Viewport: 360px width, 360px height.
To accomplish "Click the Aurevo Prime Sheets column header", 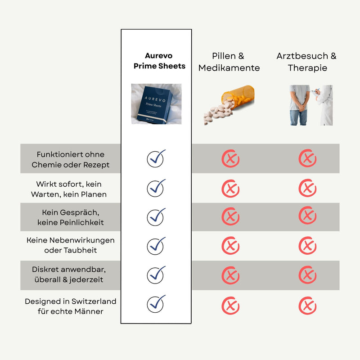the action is pos(159,61).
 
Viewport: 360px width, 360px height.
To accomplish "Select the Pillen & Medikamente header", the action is pos(229,62).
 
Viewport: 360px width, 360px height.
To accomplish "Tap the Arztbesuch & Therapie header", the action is pos(306,62).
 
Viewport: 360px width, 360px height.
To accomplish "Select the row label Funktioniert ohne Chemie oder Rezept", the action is pos(71,160).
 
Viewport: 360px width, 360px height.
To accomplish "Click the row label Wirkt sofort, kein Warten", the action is pos(69,189).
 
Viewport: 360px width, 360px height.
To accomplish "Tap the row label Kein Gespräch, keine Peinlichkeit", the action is pos(71,217).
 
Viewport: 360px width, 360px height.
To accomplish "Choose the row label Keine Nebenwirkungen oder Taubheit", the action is pos(71,245).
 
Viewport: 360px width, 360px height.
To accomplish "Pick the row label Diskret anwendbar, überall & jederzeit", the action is pos(69,274).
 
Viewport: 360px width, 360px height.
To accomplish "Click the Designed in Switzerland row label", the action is pos(71,306).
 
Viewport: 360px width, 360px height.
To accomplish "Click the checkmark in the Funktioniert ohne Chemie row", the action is pos(156,158).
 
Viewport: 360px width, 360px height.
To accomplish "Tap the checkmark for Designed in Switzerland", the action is pos(156,304).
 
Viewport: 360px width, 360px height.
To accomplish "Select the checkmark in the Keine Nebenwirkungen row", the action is pos(156,246).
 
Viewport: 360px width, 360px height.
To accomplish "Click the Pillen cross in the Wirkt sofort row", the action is pos(230,189).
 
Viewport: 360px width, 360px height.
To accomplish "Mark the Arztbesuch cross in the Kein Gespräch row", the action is pos(307,216).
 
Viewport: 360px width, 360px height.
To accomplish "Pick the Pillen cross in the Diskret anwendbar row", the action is pos(230,275).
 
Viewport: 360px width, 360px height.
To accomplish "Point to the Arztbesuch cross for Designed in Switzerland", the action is pos(307,306).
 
